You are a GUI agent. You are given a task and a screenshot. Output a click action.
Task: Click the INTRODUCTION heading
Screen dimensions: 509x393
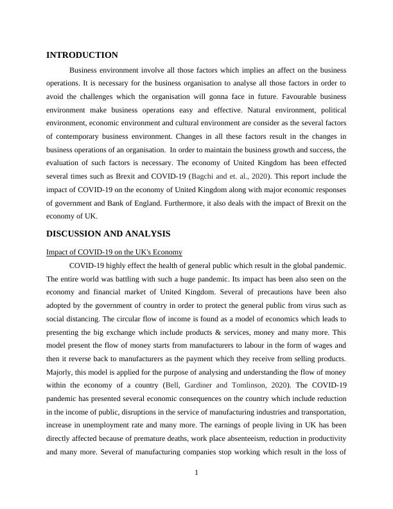pyautogui.click(x=82, y=55)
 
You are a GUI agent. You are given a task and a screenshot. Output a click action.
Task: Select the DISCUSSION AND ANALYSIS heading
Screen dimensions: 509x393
pyautogui.click(x=108, y=234)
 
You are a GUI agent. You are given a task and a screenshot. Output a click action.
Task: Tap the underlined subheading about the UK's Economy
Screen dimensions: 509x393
pyautogui.click(x=114, y=252)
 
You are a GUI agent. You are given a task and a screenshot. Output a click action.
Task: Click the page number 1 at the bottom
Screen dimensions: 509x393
pyautogui.click(x=197, y=474)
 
